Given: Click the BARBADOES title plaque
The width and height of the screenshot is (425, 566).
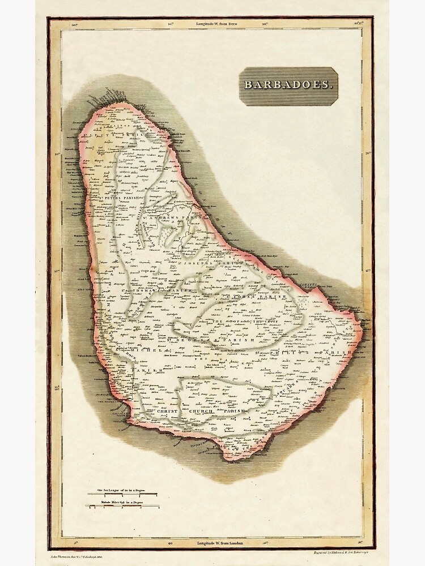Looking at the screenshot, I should [287, 85].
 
